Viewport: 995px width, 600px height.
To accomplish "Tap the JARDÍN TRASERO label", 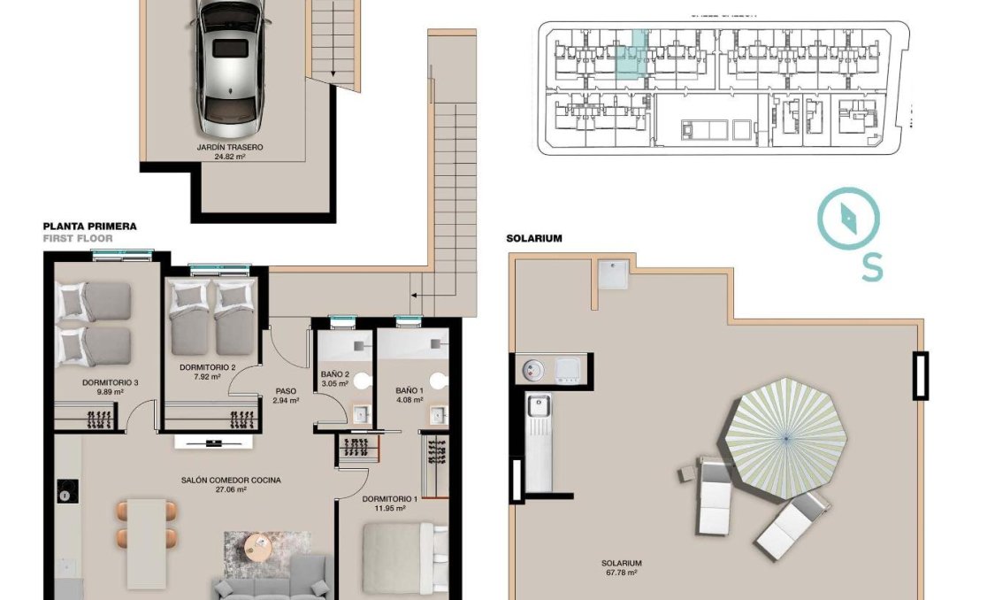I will point(230,148).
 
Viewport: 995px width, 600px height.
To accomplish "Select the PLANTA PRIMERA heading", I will point(89,227).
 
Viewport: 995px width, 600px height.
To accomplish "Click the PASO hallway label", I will point(286,390).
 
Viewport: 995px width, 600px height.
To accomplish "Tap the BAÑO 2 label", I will point(334,374).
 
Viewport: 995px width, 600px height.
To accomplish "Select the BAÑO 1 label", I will point(409,390).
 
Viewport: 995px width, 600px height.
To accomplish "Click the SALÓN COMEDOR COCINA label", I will point(231,481).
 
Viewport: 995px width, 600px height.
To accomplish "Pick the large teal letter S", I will point(871,266).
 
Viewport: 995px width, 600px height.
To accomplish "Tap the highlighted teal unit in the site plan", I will point(631,59).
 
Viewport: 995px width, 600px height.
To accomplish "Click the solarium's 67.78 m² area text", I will point(621,573).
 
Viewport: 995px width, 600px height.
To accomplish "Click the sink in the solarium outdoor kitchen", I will point(538,407).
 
